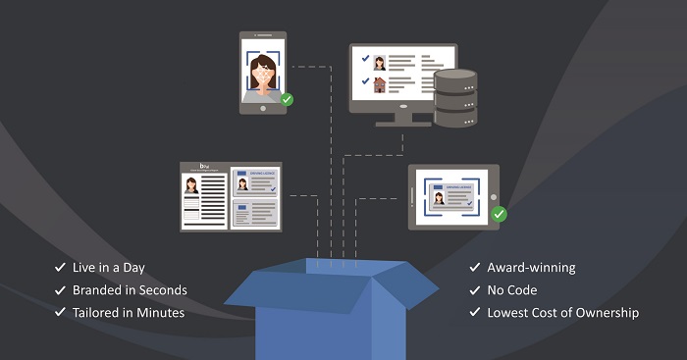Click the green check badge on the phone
(287, 99)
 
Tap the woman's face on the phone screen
(263, 71)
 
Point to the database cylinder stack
(454, 99)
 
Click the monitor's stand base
(402, 124)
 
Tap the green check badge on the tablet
(499, 214)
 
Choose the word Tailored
(98, 313)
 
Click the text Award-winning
(531, 268)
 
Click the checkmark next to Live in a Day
(60, 268)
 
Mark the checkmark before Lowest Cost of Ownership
(473, 313)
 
